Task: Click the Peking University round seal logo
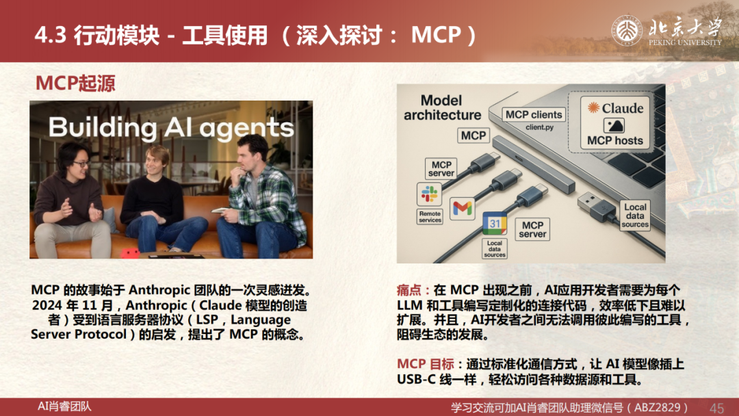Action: (x=627, y=31)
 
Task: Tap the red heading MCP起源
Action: (x=75, y=83)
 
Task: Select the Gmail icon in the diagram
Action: (x=462, y=208)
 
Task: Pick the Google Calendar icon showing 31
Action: (x=495, y=224)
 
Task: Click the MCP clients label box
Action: (x=534, y=114)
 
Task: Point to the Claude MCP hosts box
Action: (x=614, y=123)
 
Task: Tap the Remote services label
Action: (x=430, y=217)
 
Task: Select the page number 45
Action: (x=716, y=408)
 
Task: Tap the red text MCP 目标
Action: (x=425, y=364)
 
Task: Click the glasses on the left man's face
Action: (x=81, y=164)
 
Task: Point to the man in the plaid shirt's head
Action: (x=254, y=151)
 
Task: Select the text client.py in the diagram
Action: (x=540, y=127)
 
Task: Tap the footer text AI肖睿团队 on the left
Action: (x=64, y=406)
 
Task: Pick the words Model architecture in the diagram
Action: (x=441, y=107)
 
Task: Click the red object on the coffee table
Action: (x=130, y=253)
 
